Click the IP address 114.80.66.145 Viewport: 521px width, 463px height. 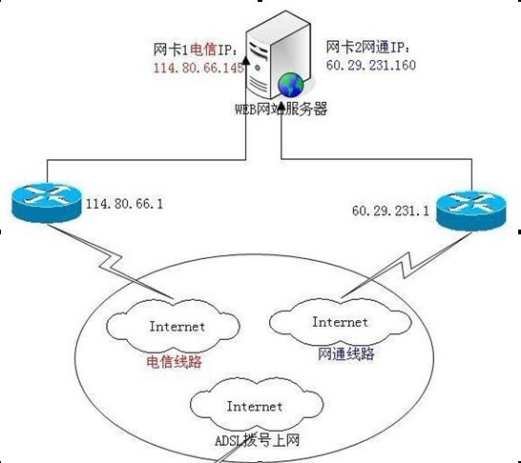coord(198,68)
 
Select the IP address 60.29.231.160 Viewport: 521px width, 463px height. coord(371,65)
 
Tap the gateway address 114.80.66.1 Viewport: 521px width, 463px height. coord(125,203)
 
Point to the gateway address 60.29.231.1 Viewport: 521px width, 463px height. coord(390,211)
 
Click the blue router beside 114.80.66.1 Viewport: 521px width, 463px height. coord(47,202)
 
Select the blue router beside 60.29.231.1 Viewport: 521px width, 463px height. coord(471,211)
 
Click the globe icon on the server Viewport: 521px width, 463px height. coord(291,85)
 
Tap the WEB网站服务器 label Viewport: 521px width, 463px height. coord(281,110)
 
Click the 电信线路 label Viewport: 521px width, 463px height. coord(174,361)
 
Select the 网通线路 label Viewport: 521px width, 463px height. coord(345,353)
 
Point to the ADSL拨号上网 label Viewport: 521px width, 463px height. coord(257,440)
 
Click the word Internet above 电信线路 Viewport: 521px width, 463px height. coord(177,327)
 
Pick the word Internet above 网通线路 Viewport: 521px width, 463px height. coord(340,322)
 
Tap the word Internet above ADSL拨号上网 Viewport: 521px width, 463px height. coord(255,406)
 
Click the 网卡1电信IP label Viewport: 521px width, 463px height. coord(196,50)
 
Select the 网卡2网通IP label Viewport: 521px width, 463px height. coord(368,47)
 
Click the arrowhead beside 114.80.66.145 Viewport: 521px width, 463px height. coord(246,60)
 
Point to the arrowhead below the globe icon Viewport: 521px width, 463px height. coord(281,107)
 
